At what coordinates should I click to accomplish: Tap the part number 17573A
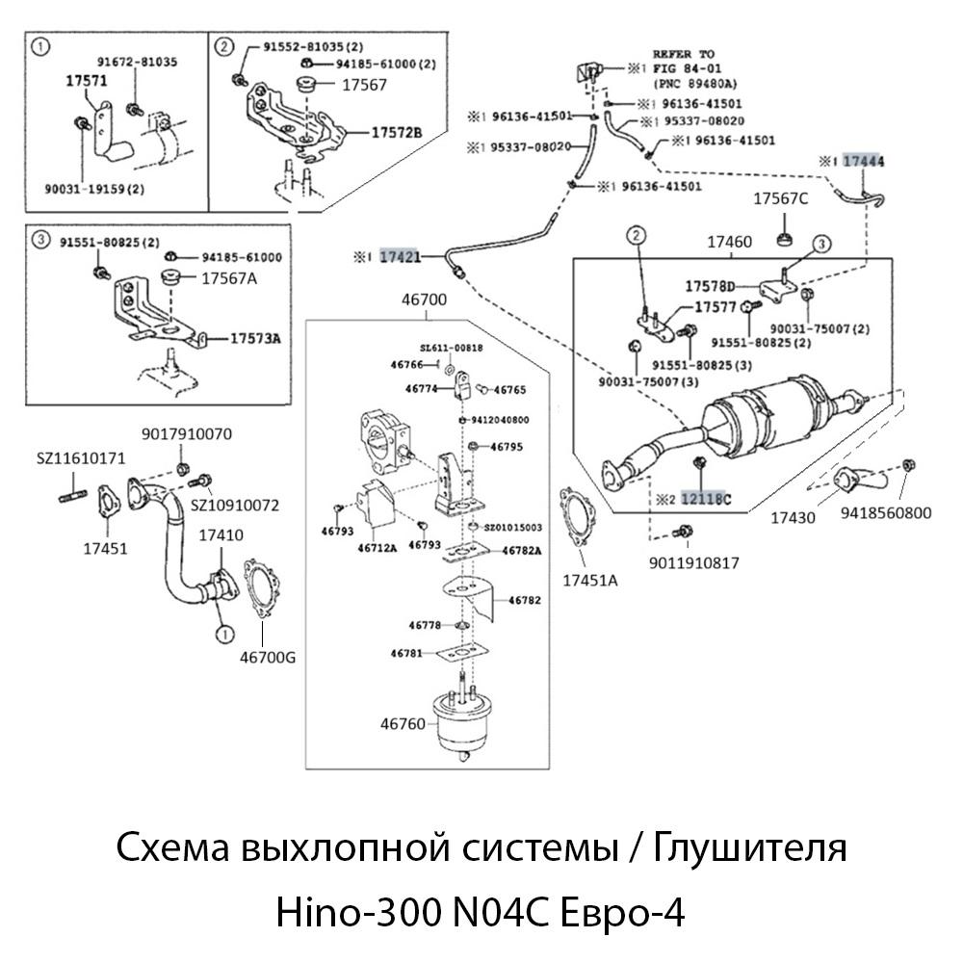coord(255,338)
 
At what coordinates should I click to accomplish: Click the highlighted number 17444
coord(864,162)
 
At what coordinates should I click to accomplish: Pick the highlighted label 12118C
coord(706,499)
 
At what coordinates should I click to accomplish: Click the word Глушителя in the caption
coord(750,849)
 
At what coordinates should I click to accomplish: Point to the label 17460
coord(729,243)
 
